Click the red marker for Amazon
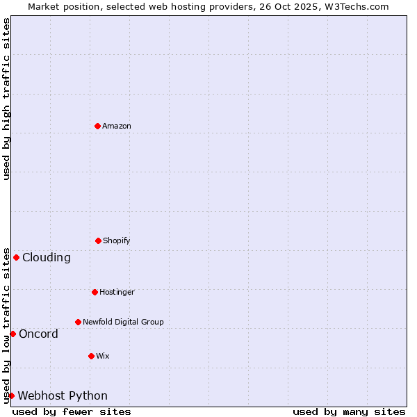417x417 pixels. [x=97, y=126]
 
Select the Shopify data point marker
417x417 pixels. [x=98, y=240]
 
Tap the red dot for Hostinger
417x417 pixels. [x=95, y=292]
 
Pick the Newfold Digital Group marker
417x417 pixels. [x=78, y=322]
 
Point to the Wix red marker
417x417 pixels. [x=91, y=356]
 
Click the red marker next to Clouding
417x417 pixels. [x=16, y=257]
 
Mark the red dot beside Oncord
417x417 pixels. [x=13, y=334]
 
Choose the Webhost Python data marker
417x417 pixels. [x=11, y=395]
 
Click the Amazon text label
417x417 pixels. [x=117, y=126]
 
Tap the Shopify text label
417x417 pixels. [x=117, y=240]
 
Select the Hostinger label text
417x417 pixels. [x=117, y=292]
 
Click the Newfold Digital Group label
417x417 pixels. [x=123, y=322]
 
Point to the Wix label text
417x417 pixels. [x=103, y=356]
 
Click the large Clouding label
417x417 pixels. [x=47, y=257]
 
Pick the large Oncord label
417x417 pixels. [x=39, y=334]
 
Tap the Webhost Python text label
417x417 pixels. [x=63, y=395]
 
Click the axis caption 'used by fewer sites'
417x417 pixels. [x=72, y=411]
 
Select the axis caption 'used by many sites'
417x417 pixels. [x=349, y=411]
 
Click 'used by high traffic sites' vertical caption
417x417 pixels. [x=6, y=99]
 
